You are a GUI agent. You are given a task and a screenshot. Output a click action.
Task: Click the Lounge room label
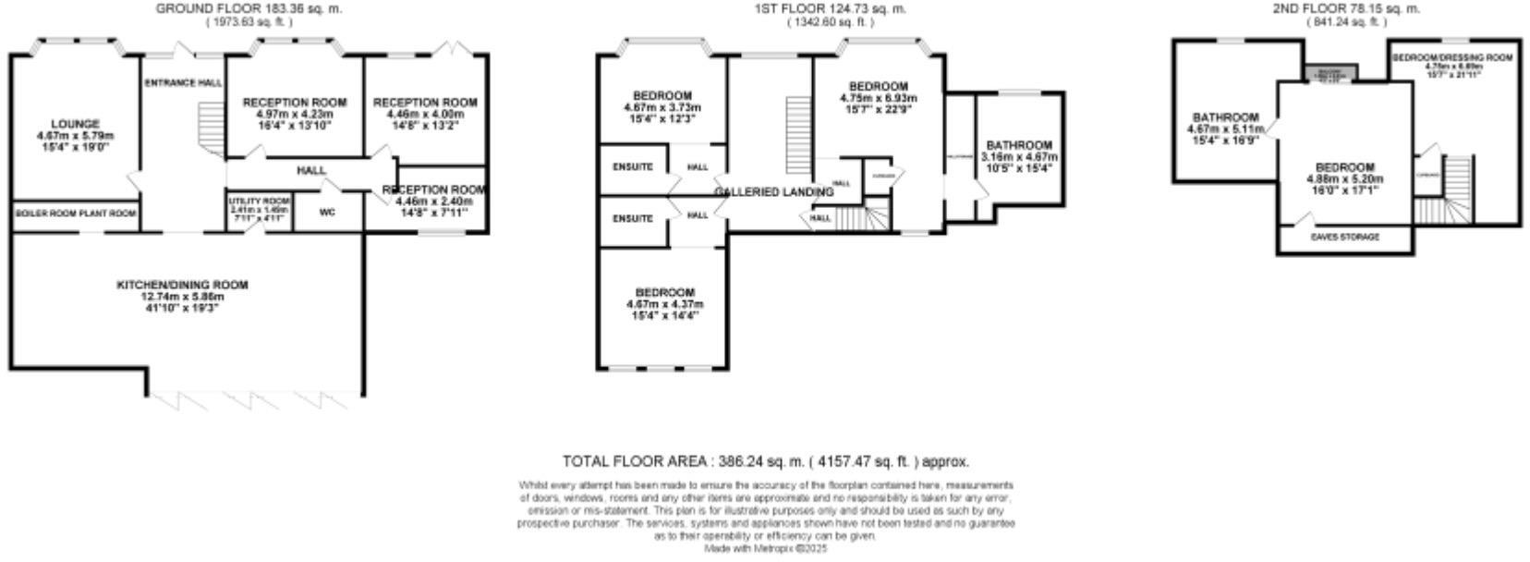coord(76,124)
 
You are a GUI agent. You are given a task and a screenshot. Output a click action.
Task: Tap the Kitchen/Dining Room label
coord(183,285)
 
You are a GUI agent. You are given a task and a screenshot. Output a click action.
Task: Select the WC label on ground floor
coord(327,212)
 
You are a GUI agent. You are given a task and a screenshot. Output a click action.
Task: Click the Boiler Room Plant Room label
coord(76,214)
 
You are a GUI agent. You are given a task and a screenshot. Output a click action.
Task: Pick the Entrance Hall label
coord(183,83)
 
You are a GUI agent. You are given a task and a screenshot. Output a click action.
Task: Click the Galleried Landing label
coord(773,192)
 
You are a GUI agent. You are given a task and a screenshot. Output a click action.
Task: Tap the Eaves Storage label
coord(1344,238)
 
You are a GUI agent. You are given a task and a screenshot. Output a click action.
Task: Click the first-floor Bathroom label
coord(1019,146)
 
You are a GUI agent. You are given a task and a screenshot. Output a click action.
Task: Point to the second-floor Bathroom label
coord(1225,117)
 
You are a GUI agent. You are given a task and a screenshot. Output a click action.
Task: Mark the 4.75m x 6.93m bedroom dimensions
coord(879,97)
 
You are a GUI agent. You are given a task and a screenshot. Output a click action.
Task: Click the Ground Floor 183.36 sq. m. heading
coord(249,8)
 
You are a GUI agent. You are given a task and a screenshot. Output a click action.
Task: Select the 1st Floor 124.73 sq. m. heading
coord(828,8)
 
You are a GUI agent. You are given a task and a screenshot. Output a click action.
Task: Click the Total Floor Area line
coord(766,461)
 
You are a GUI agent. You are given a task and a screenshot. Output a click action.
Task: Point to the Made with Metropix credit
coord(766,548)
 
